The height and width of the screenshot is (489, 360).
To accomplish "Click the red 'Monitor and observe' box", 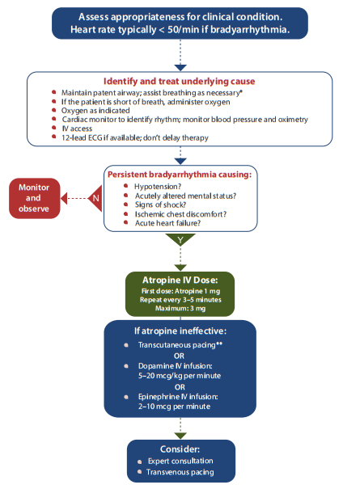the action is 34,198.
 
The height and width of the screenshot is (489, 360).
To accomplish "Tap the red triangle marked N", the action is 95,198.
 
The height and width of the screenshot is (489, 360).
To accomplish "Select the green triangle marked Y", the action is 180,240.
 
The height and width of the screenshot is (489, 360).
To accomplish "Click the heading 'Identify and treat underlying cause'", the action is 180,82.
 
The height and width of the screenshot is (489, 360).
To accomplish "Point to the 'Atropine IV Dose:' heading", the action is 180,280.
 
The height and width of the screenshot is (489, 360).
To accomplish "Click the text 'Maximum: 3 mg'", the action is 180,309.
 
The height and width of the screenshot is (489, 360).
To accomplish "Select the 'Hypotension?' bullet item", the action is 158,187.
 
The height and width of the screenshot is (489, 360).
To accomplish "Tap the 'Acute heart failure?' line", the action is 167,223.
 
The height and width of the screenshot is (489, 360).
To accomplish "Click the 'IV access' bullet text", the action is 77,129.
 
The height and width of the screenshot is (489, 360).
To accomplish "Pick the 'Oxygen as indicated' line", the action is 95,111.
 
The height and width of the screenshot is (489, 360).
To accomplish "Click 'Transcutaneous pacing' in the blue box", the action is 177,345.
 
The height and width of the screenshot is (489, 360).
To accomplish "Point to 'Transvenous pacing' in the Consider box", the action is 180,472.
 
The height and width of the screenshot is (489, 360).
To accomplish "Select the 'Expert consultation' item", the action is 180,461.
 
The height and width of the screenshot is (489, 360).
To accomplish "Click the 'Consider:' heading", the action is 180,449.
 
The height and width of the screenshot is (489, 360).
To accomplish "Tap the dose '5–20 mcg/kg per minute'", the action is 180,376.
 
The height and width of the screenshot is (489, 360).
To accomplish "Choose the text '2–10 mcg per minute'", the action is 174,407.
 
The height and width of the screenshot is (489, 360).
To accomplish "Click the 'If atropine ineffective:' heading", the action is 180,331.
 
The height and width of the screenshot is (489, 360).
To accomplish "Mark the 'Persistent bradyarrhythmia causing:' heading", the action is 180,175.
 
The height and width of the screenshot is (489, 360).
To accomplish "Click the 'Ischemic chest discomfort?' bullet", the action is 180,214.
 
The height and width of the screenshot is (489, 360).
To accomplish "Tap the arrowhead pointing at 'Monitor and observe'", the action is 64,198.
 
